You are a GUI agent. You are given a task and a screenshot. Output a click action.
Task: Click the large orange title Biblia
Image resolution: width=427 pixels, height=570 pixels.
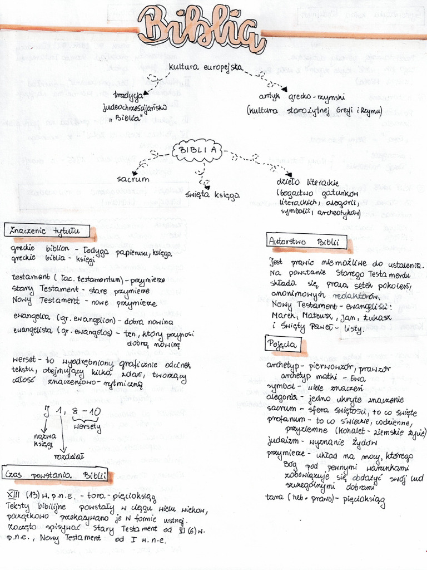point(201,29)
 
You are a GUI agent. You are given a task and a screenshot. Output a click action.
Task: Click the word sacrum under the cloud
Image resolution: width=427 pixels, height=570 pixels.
point(133,180)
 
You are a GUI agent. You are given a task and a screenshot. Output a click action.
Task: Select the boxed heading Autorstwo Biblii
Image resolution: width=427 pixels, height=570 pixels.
point(307,242)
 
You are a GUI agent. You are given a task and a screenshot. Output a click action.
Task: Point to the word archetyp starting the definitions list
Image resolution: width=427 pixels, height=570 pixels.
point(284,366)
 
